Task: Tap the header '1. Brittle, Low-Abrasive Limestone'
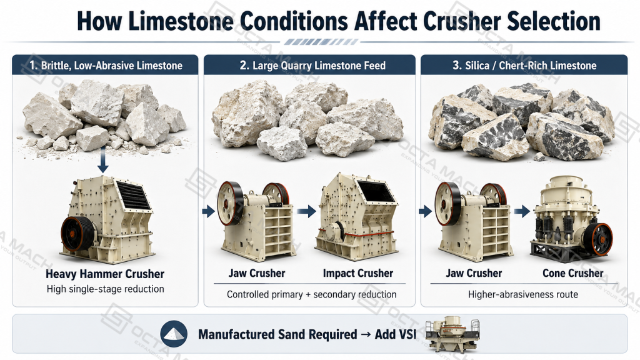[x=106, y=65]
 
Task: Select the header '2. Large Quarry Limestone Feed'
[x=312, y=65]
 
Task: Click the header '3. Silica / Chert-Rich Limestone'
[x=524, y=65]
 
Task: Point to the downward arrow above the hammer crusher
[x=103, y=159]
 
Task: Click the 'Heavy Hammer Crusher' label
[x=105, y=274]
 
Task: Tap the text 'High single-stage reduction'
[x=105, y=289]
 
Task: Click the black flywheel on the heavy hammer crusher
[x=77, y=234]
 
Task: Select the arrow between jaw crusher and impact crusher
[x=306, y=211]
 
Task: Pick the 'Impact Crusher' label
[x=358, y=273]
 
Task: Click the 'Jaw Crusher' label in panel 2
[x=257, y=273]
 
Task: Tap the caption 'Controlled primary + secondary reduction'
[x=311, y=294]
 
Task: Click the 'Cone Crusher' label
[x=572, y=273]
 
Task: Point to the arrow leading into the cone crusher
[x=522, y=211]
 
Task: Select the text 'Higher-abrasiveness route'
[x=523, y=294]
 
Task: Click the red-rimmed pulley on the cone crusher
[x=598, y=239]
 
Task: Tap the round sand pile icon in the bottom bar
[x=174, y=334]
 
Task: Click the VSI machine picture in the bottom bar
[x=452, y=334]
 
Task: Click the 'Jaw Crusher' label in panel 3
[x=474, y=273]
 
